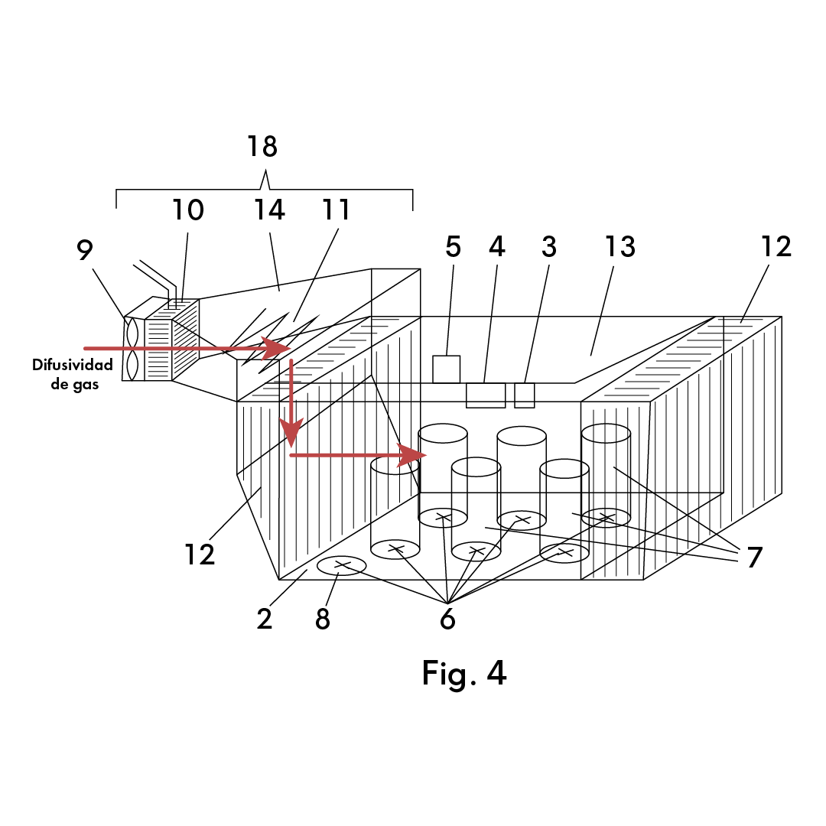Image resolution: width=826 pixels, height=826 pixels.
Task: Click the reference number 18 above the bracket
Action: click(262, 146)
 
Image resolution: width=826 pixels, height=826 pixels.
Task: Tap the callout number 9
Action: click(85, 249)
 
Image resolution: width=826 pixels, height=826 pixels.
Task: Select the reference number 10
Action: click(188, 210)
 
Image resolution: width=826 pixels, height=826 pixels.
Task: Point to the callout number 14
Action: click(269, 210)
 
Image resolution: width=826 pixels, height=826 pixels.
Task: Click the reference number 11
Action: click(336, 210)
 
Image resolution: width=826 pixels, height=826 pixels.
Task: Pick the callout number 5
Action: click(453, 246)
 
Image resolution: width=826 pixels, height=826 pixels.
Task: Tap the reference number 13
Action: click(620, 246)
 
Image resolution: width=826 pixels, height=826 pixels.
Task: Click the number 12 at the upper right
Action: click(776, 246)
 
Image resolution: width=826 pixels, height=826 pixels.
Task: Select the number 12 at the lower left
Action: click(200, 554)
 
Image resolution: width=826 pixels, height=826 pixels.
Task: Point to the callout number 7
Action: click(755, 558)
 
